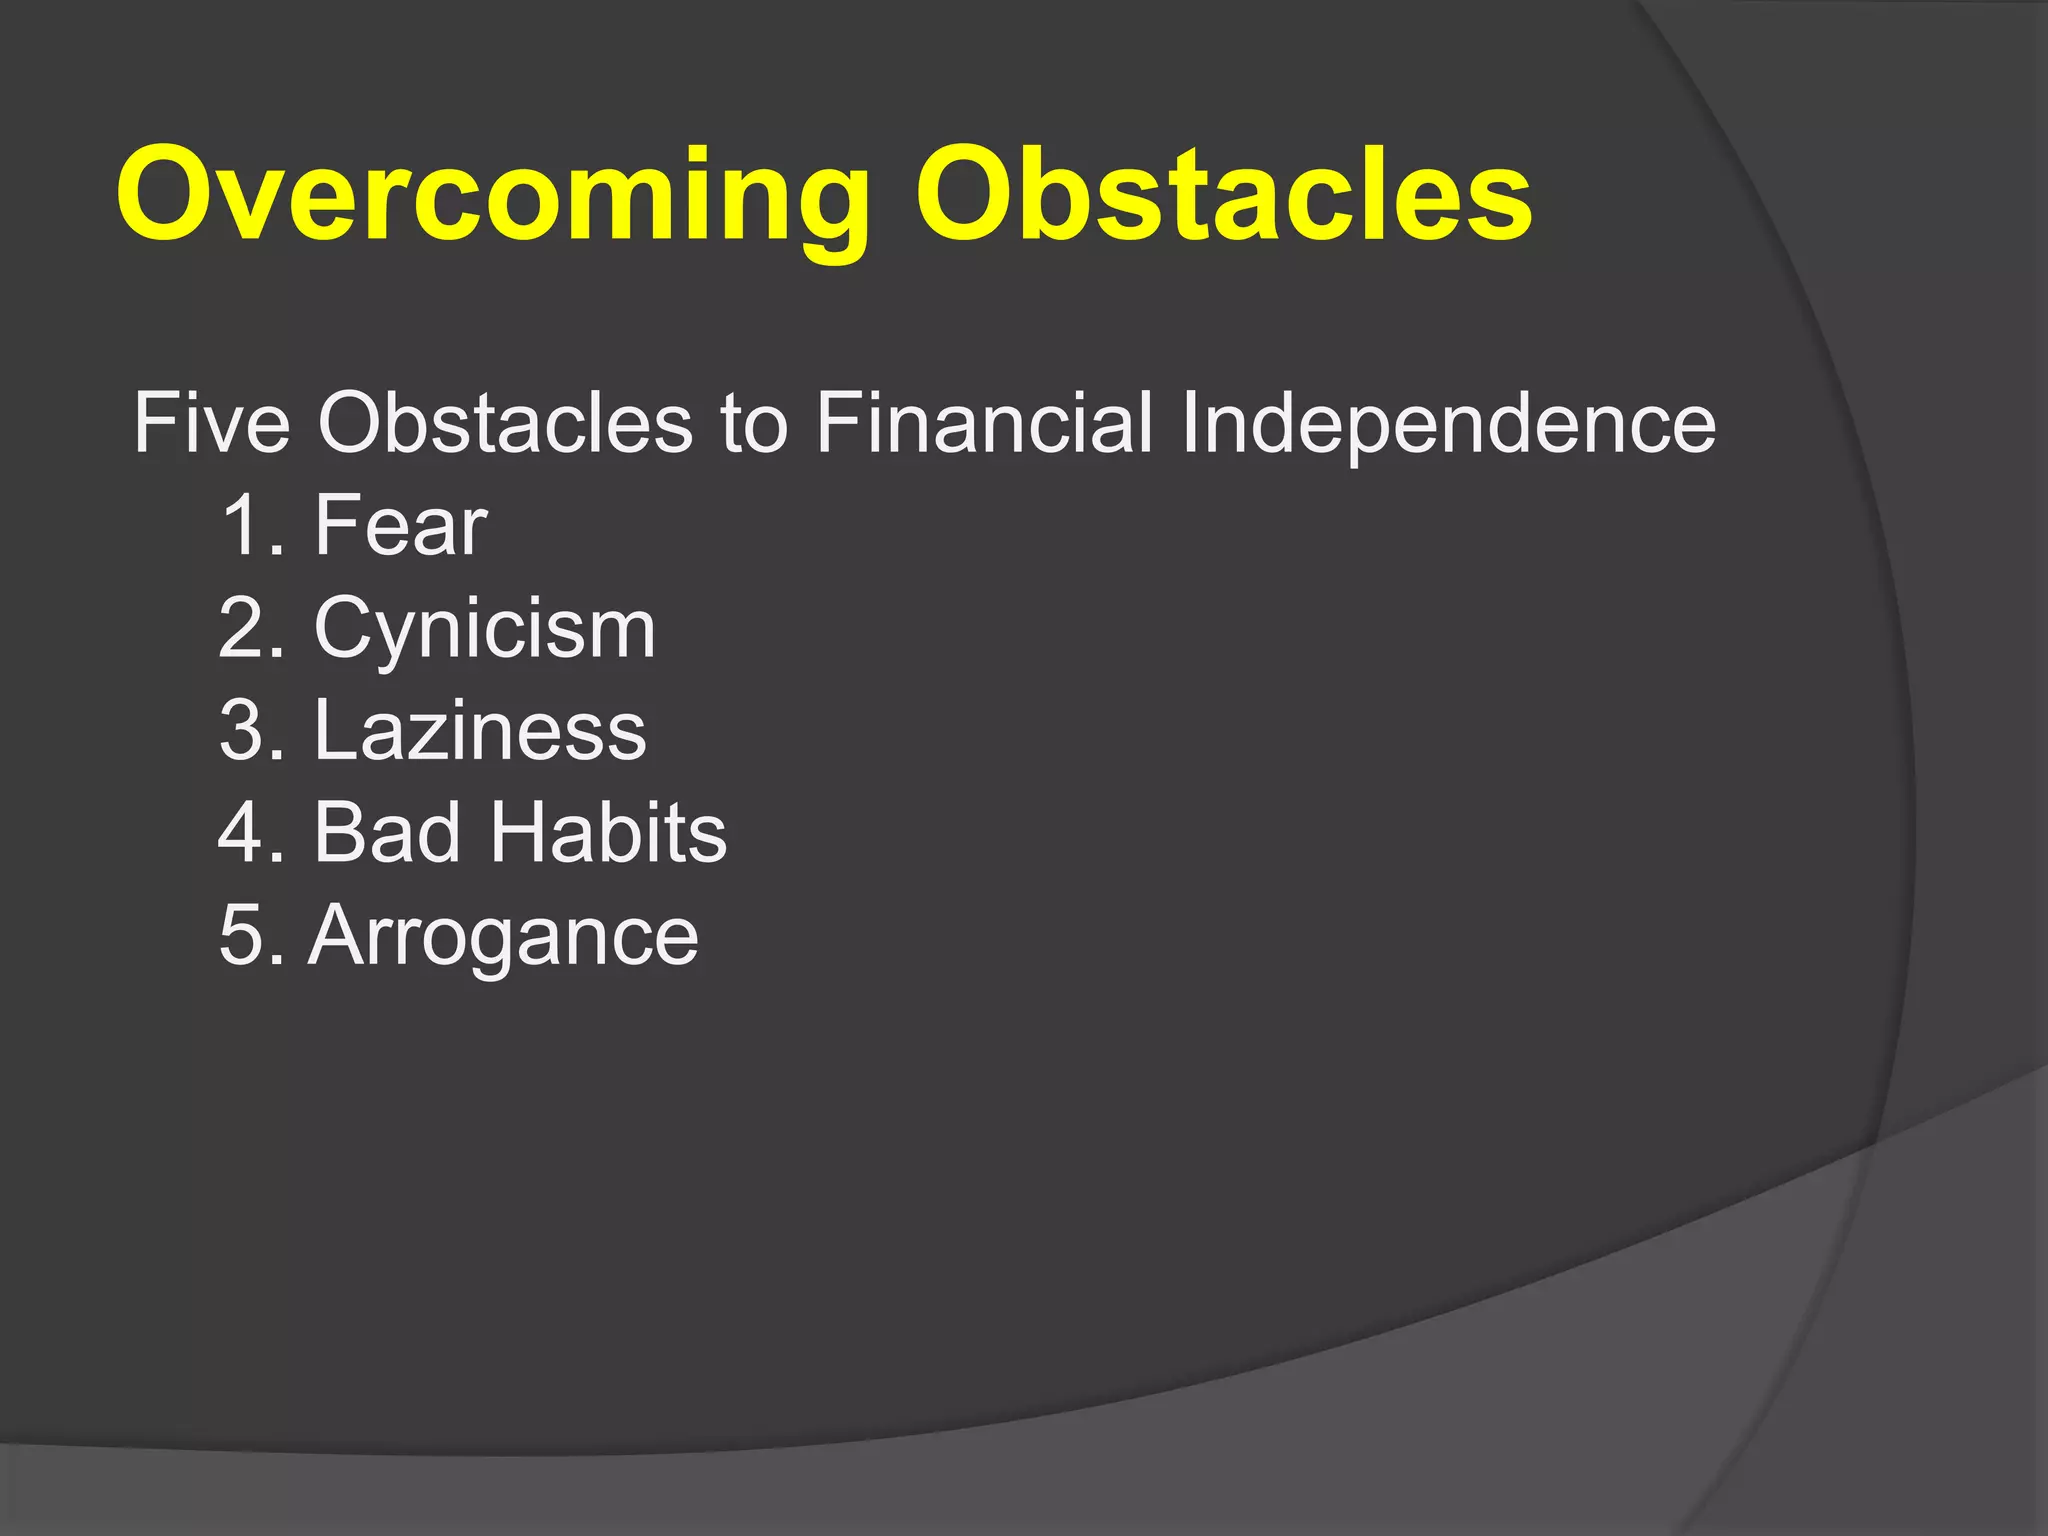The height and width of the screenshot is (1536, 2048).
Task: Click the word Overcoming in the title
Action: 492,195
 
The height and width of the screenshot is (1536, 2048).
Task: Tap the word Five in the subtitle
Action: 211,424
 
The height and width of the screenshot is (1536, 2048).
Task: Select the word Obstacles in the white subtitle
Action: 505,424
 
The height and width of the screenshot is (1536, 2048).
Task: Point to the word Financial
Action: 984,424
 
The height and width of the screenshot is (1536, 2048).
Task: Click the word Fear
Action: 400,526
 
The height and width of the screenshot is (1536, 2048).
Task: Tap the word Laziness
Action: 480,731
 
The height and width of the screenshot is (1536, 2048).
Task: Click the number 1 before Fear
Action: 241,526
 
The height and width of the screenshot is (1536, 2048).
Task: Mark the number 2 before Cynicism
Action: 239,630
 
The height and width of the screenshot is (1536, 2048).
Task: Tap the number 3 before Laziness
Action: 239,731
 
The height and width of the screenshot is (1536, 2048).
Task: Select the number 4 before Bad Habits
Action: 239,833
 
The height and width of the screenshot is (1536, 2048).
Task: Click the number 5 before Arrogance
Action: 239,936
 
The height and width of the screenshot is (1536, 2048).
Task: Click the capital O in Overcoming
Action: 169,194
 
